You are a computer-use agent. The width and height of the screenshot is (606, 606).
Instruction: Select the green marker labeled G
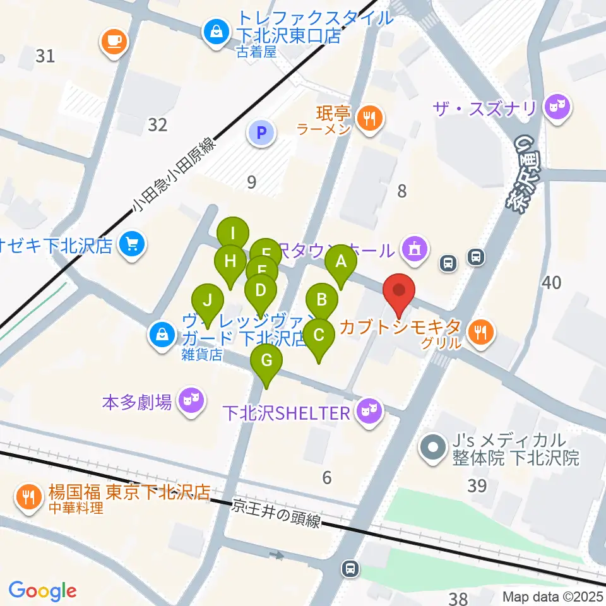click(x=266, y=361)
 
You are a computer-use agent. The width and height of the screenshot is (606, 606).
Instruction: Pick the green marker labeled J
click(x=208, y=301)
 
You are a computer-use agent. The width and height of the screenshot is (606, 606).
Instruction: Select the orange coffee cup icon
click(x=114, y=42)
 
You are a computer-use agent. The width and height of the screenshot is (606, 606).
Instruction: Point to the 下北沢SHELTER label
click(x=286, y=413)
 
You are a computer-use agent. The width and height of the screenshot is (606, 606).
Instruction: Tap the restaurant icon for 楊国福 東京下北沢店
click(x=28, y=496)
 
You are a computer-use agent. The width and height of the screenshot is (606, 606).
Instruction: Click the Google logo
click(x=42, y=590)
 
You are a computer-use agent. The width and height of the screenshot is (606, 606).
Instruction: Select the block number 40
click(x=551, y=283)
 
